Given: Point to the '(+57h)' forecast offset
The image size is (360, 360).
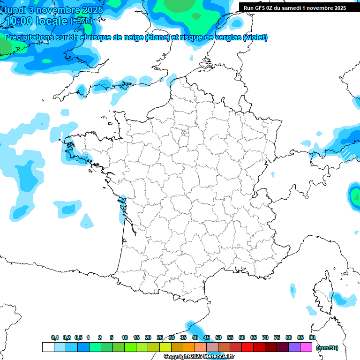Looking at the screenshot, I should [81, 21].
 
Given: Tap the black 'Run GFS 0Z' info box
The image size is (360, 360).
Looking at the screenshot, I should [294, 7].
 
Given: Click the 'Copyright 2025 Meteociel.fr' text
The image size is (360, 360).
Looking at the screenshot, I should [199, 357].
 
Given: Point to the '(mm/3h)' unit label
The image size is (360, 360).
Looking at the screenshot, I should [327, 348].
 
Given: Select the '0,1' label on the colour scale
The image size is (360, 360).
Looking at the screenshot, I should [55, 337].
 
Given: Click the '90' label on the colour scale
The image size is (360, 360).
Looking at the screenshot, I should [312, 337].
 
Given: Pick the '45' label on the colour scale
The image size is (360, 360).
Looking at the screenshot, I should [207, 337].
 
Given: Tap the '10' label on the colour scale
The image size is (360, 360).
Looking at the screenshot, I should [125, 337].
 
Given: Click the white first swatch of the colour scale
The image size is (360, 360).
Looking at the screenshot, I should [48, 347].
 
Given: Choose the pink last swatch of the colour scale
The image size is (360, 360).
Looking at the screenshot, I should [306, 347].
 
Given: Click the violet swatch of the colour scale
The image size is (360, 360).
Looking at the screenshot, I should [294, 347].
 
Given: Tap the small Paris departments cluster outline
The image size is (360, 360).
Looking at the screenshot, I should [185, 134].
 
